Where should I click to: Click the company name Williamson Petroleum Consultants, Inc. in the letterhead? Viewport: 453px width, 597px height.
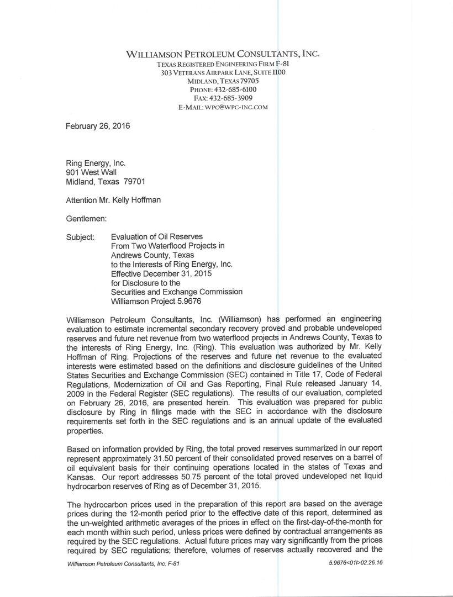[x=223, y=54]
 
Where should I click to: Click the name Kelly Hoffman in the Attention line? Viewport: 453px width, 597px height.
[x=138, y=200]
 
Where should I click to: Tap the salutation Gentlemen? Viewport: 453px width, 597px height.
[x=86, y=219]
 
